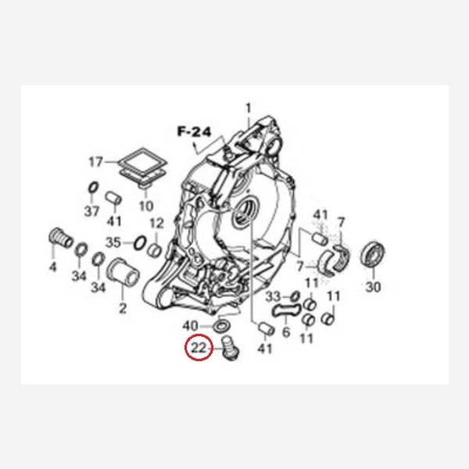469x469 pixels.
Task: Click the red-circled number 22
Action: (x=199, y=348)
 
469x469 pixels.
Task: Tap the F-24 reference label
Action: (x=194, y=131)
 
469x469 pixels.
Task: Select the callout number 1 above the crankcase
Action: (x=249, y=109)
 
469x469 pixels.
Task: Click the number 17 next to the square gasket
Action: (x=96, y=162)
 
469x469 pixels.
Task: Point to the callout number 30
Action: (x=374, y=287)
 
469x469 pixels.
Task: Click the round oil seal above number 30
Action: (x=372, y=255)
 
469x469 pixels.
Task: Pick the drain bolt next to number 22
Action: (x=231, y=348)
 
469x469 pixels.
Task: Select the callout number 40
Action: (x=190, y=325)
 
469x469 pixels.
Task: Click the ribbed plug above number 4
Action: (x=60, y=238)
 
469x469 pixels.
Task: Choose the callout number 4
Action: (x=52, y=267)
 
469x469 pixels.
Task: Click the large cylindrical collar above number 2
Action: (x=123, y=273)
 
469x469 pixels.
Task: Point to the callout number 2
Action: (x=123, y=308)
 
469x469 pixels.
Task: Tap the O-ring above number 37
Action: (x=93, y=188)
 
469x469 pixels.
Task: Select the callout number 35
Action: (x=113, y=242)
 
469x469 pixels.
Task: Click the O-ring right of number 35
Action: (x=140, y=243)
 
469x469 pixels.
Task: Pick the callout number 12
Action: (x=157, y=224)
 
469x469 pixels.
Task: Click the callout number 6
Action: (x=286, y=332)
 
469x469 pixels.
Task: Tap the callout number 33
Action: (x=273, y=297)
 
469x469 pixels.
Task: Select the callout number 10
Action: (x=146, y=206)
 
